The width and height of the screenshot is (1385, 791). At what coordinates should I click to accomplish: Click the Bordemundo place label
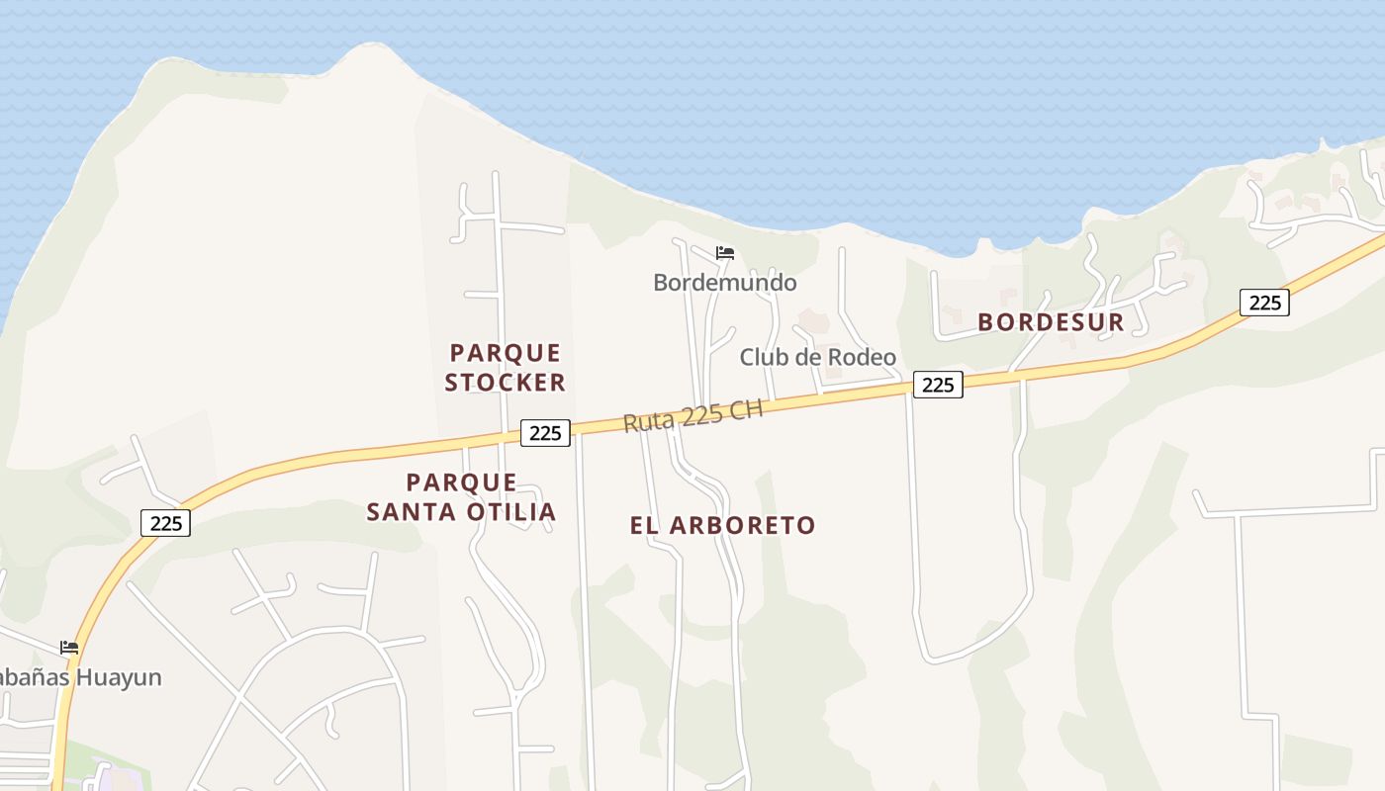click(x=724, y=283)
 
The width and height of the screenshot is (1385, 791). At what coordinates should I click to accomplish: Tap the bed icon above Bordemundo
click(x=725, y=253)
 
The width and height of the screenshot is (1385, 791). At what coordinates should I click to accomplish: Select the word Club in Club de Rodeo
click(x=763, y=358)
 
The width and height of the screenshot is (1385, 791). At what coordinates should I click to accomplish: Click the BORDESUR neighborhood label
click(x=1051, y=322)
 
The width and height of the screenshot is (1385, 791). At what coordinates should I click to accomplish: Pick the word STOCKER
click(x=505, y=383)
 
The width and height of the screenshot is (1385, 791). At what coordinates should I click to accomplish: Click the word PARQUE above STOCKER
click(x=506, y=353)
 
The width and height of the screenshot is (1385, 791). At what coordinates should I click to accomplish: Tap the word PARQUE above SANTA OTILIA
click(x=462, y=483)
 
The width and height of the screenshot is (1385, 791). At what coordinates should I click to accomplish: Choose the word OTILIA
click(x=514, y=512)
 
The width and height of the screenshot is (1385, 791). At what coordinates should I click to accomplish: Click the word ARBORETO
click(x=742, y=526)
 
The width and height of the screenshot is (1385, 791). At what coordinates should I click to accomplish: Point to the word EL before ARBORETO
click(x=644, y=526)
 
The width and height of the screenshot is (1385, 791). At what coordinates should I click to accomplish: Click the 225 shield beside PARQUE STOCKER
click(x=545, y=433)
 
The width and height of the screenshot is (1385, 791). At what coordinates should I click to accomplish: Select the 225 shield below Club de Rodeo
click(x=937, y=385)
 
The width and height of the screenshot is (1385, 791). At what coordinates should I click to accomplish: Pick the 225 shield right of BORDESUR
click(x=1264, y=303)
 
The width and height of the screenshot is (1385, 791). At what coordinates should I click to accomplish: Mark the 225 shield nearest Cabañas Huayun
click(x=165, y=523)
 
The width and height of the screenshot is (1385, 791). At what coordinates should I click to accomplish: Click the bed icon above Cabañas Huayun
click(x=69, y=648)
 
